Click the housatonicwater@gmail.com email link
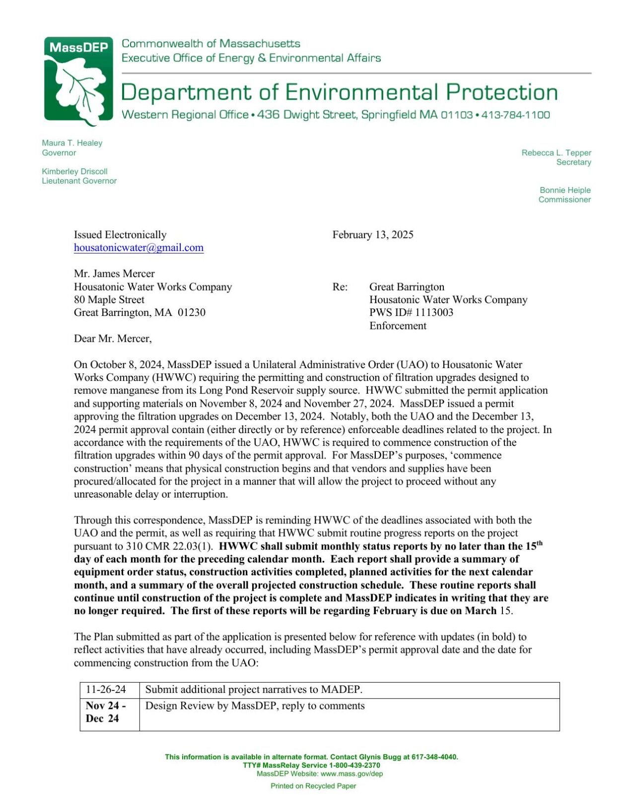[x=139, y=248]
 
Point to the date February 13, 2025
[x=372, y=235]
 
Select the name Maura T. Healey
[x=72, y=143]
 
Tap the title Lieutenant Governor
[x=79, y=181]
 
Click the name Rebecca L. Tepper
[x=556, y=153]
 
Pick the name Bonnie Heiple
[x=565, y=190]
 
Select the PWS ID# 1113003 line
[x=411, y=312]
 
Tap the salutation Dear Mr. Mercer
[x=113, y=338]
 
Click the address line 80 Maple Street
[x=109, y=300]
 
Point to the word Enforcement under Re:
[x=398, y=325]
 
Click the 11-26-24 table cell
[x=106, y=689]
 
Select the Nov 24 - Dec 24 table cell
[x=106, y=712]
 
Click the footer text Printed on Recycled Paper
[x=313, y=786]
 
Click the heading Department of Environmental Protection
[x=339, y=93]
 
